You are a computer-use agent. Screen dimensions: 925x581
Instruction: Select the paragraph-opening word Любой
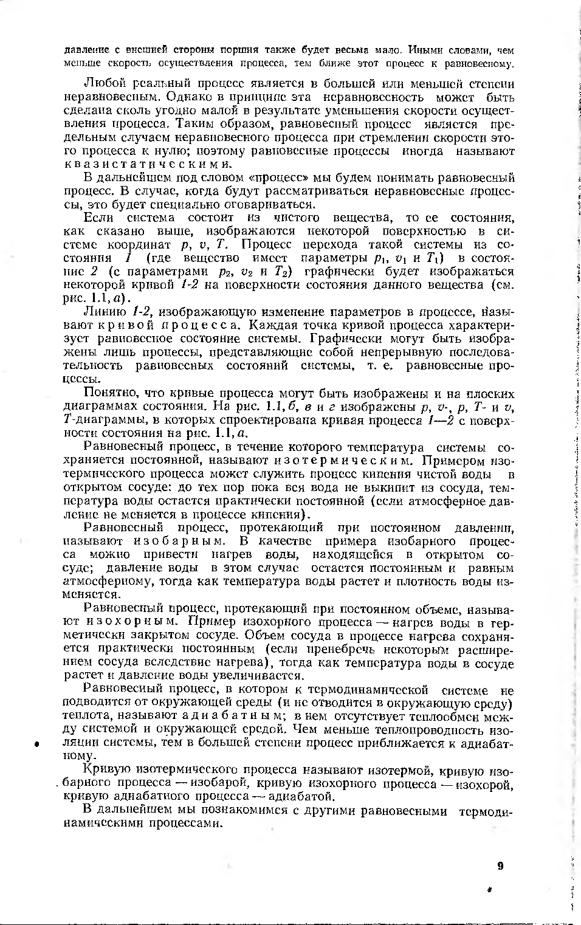click(x=103, y=84)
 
